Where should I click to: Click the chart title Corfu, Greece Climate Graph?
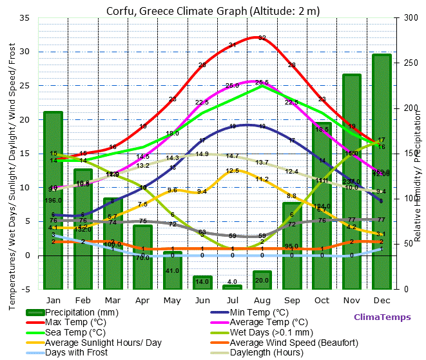coord(213,11)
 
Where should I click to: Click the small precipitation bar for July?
coord(232,286)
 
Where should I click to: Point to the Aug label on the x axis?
coord(262,301)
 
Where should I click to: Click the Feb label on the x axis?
coord(82,301)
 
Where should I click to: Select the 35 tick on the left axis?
coord(24,18)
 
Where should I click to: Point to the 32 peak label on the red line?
coord(262,38)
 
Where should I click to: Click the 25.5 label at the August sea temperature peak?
coord(262,83)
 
